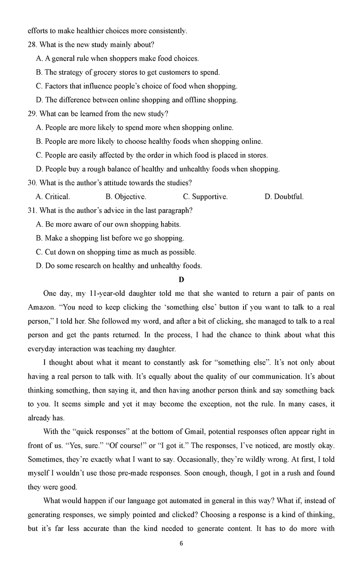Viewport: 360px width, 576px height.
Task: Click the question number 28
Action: pos(32,45)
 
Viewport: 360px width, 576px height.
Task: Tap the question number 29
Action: pos(32,114)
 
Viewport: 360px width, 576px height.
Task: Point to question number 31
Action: pos(32,210)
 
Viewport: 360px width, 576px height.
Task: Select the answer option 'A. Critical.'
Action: pos(53,196)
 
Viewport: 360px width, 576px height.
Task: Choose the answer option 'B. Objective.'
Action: pos(126,196)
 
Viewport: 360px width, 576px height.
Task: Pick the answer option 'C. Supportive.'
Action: pos(205,196)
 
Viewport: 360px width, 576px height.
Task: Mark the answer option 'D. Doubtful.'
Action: pos(284,196)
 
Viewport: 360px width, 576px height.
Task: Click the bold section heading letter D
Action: pos(181,280)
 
